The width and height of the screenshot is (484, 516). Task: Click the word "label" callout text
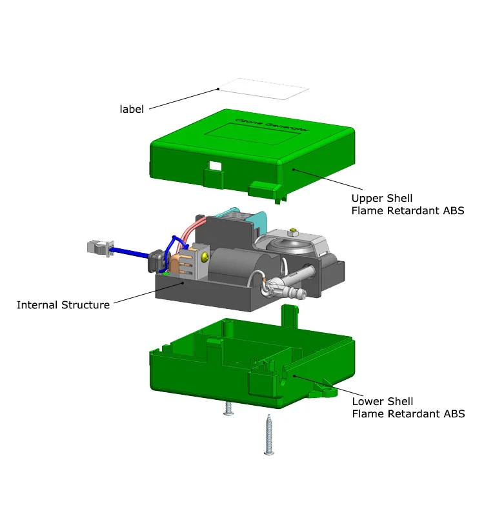(x=132, y=109)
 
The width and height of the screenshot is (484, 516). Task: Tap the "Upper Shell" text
(x=382, y=198)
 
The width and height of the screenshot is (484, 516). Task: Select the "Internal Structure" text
(x=63, y=304)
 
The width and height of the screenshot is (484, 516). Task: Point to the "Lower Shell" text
(x=383, y=401)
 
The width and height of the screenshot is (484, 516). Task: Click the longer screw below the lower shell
(x=269, y=434)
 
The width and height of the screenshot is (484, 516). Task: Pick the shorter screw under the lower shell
(x=228, y=408)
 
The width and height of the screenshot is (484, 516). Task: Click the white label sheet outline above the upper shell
(x=264, y=88)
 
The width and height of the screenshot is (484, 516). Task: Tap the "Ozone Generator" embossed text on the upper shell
(x=272, y=124)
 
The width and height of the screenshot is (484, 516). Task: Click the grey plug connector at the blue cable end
(x=100, y=248)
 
